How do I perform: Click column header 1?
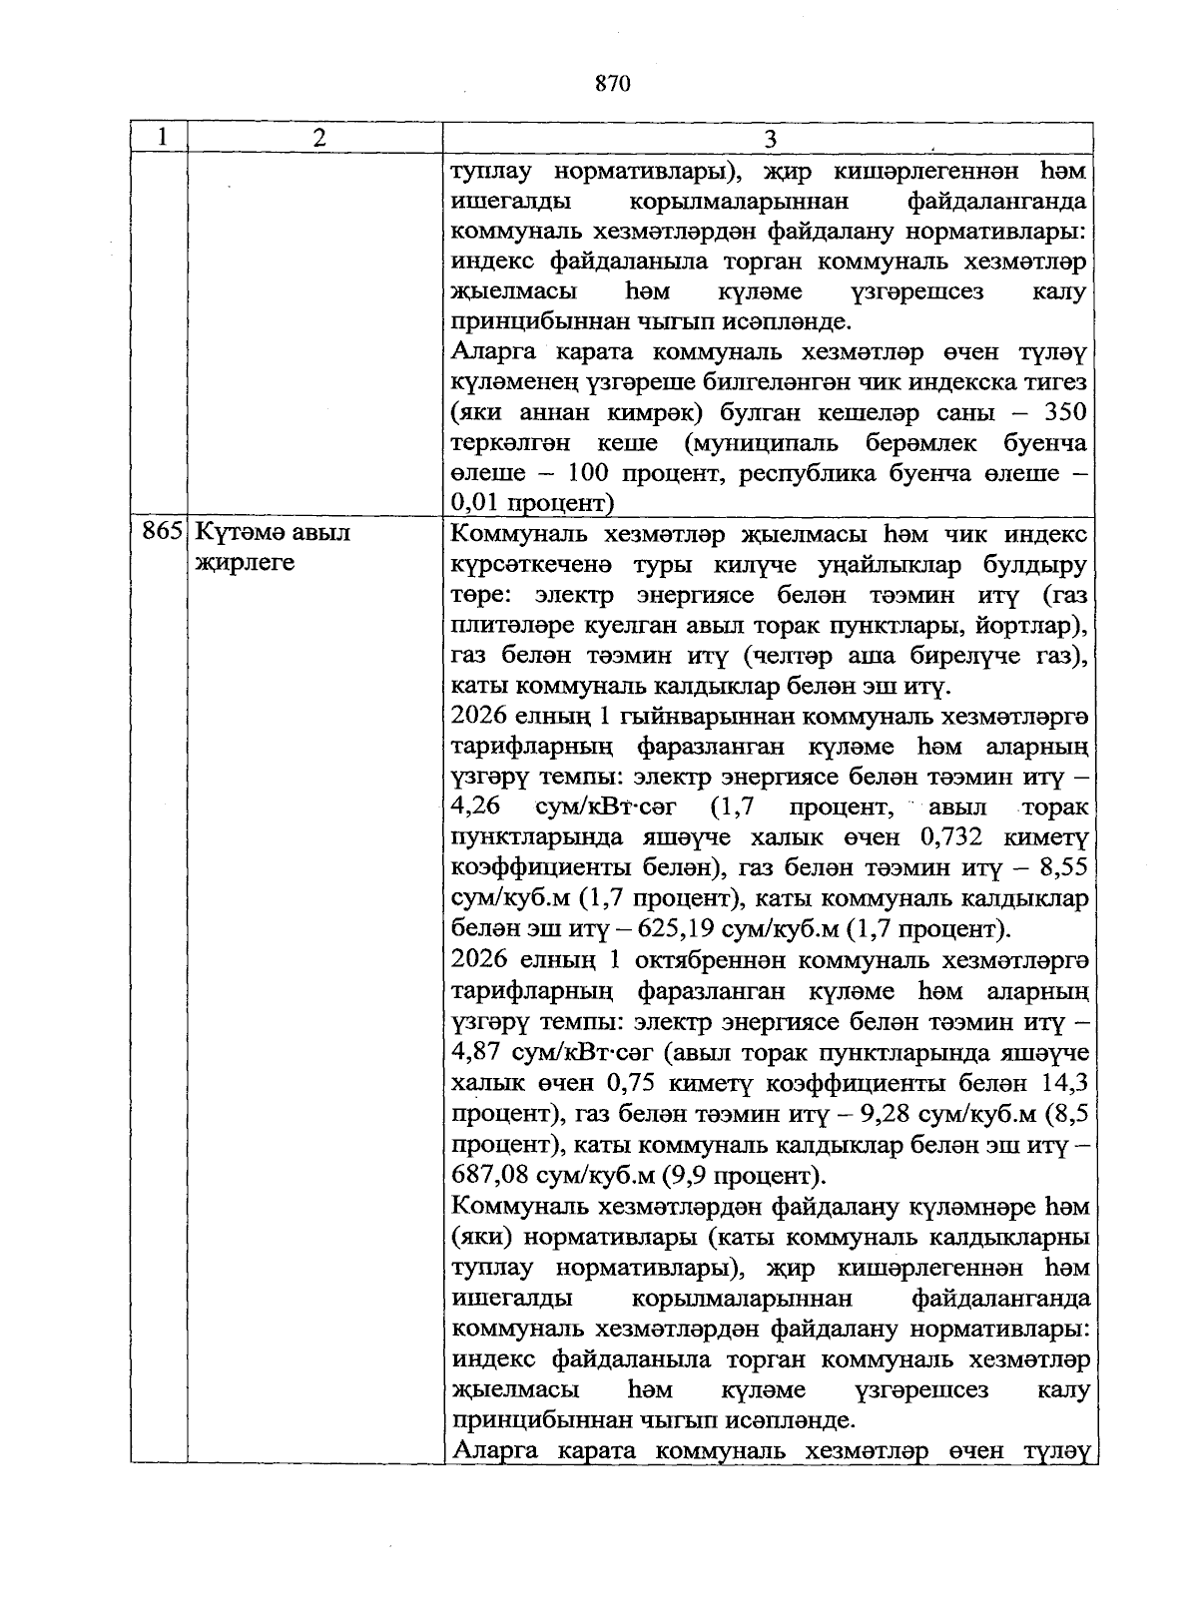[160, 138]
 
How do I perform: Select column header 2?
[317, 138]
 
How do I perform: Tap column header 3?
[770, 138]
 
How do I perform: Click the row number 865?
[160, 533]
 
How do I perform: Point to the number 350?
[1064, 412]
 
